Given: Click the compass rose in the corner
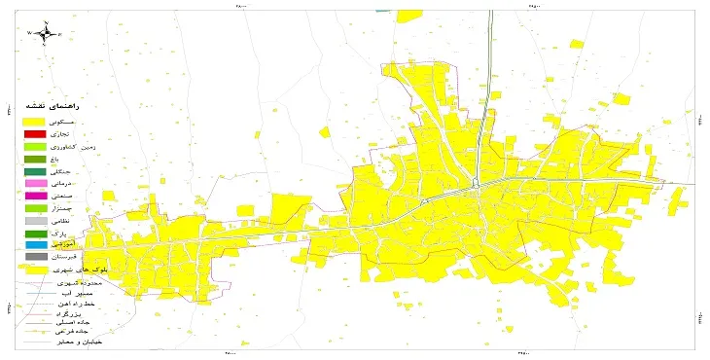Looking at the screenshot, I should coord(45,34).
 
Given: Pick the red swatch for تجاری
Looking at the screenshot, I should coord(36,133).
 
